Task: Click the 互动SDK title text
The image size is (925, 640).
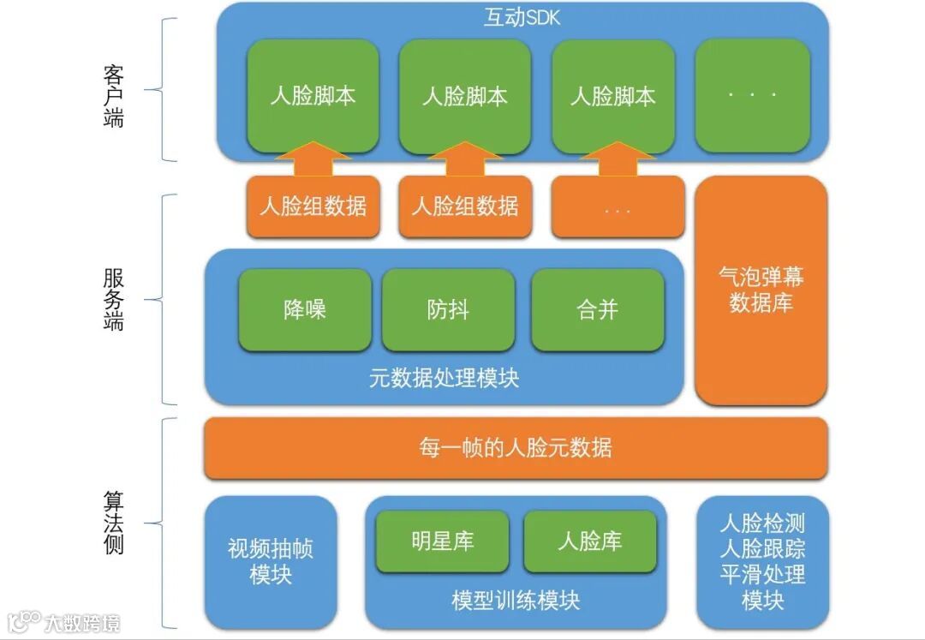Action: pos(522,18)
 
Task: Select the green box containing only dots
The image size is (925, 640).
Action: pos(753,95)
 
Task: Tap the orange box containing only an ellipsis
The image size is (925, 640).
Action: pos(618,207)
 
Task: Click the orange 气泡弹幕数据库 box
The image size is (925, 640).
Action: pos(761,290)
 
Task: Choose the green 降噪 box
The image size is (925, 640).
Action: pos(305,309)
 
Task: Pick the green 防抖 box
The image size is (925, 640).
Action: pos(448,309)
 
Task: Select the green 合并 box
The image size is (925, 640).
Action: pos(597,309)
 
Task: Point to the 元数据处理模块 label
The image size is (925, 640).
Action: pos(444,378)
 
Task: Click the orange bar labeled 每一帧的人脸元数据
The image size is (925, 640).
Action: pos(516,448)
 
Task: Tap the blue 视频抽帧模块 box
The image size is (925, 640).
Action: pos(271,561)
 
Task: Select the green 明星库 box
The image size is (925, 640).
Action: pos(442,541)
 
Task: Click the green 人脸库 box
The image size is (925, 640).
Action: pos(589,541)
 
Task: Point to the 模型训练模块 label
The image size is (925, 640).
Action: pos(516,601)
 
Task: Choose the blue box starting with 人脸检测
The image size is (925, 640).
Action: pos(762,561)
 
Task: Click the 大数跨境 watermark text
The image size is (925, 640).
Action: pos(82,623)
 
